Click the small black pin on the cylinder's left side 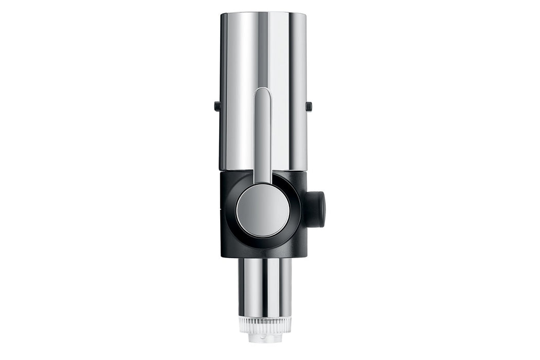click(x=217, y=106)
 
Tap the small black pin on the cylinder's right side click(x=309, y=106)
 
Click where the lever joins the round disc click(x=263, y=184)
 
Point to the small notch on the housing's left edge click(x=222, y=210)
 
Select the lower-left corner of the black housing click(x=223, y=255)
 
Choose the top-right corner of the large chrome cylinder click(x=305, y=14)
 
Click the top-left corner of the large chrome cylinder click(x=222, y=14)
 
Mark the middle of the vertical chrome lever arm click(x=263, y=136)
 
